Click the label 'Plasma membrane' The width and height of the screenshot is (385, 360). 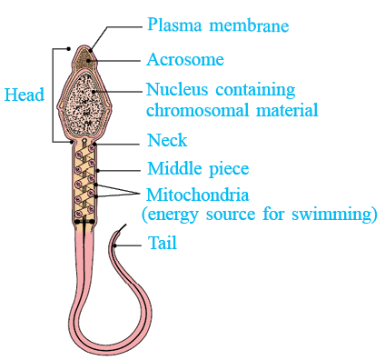tap(218, 25)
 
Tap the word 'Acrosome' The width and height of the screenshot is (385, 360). tap(185, 59)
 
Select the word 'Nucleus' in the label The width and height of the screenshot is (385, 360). tap(177, 89)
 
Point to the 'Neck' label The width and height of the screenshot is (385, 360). tap(167, 140)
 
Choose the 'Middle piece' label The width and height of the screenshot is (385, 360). tap(198, 169)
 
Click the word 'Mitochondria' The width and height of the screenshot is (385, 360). tap(198, 195)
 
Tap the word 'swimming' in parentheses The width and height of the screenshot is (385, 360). tap(332, 215)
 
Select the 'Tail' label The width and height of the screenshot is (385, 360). tap(163, 243)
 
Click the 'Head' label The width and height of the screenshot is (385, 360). tap(25, 95)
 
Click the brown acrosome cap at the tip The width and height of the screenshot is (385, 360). tap(84, 59)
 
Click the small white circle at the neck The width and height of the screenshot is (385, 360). tap(84, 141)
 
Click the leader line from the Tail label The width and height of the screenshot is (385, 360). tap(128, 245)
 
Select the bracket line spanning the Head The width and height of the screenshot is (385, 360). tap(54, 95)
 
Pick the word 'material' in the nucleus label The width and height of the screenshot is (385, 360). tap(287, 110)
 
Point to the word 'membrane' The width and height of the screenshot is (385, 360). tap(250, 25)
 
